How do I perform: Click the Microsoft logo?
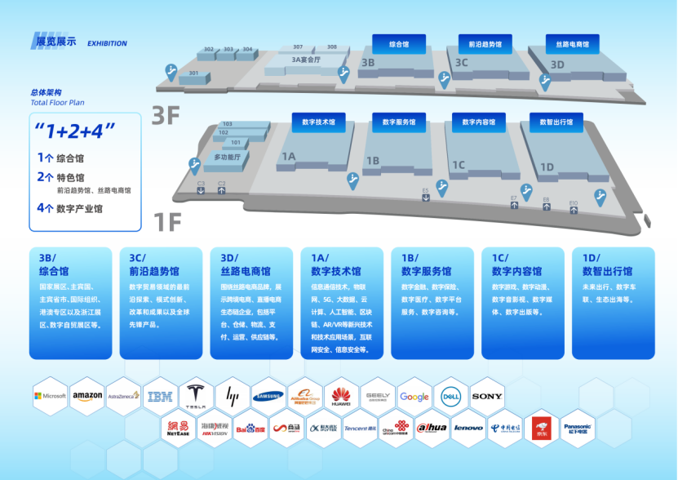click(x=51, y=396)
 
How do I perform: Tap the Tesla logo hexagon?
click(x=196, y=395)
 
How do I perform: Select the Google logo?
click(x=414, y=397)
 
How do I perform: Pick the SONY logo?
click(x=487, y=396)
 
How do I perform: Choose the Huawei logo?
click(x=341, y=396)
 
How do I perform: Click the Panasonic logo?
click(x=577, y=427)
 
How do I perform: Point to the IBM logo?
click(x=159, y=397)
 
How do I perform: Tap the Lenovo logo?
click(x=468, y=427)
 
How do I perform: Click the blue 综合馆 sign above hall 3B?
click(x=400, y=45)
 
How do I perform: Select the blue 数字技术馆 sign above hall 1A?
click(x=319, y=122)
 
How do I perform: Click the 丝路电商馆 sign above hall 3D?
click(x=572, y=45)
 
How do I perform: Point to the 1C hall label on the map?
click(x=459, y=165)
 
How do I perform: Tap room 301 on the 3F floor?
click(x=193, y=73)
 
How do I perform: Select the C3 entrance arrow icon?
click(x=201, y=190)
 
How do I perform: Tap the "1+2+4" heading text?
click(x=75, y=131)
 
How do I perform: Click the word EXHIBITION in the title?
click(x=107, y=43)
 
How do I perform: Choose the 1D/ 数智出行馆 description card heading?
click(x=608, y=264)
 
